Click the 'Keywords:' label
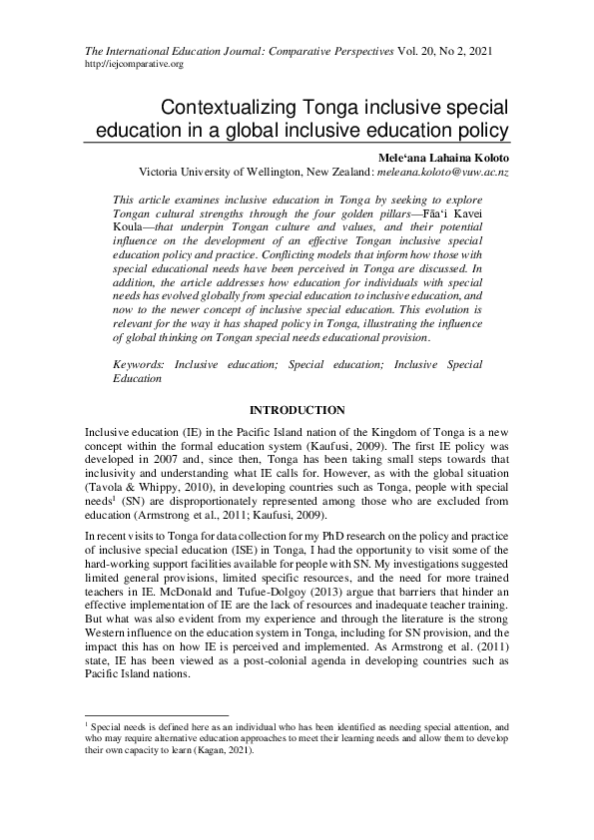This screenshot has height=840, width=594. click(143, 365)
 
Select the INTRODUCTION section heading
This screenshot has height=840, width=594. click(297, 410)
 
